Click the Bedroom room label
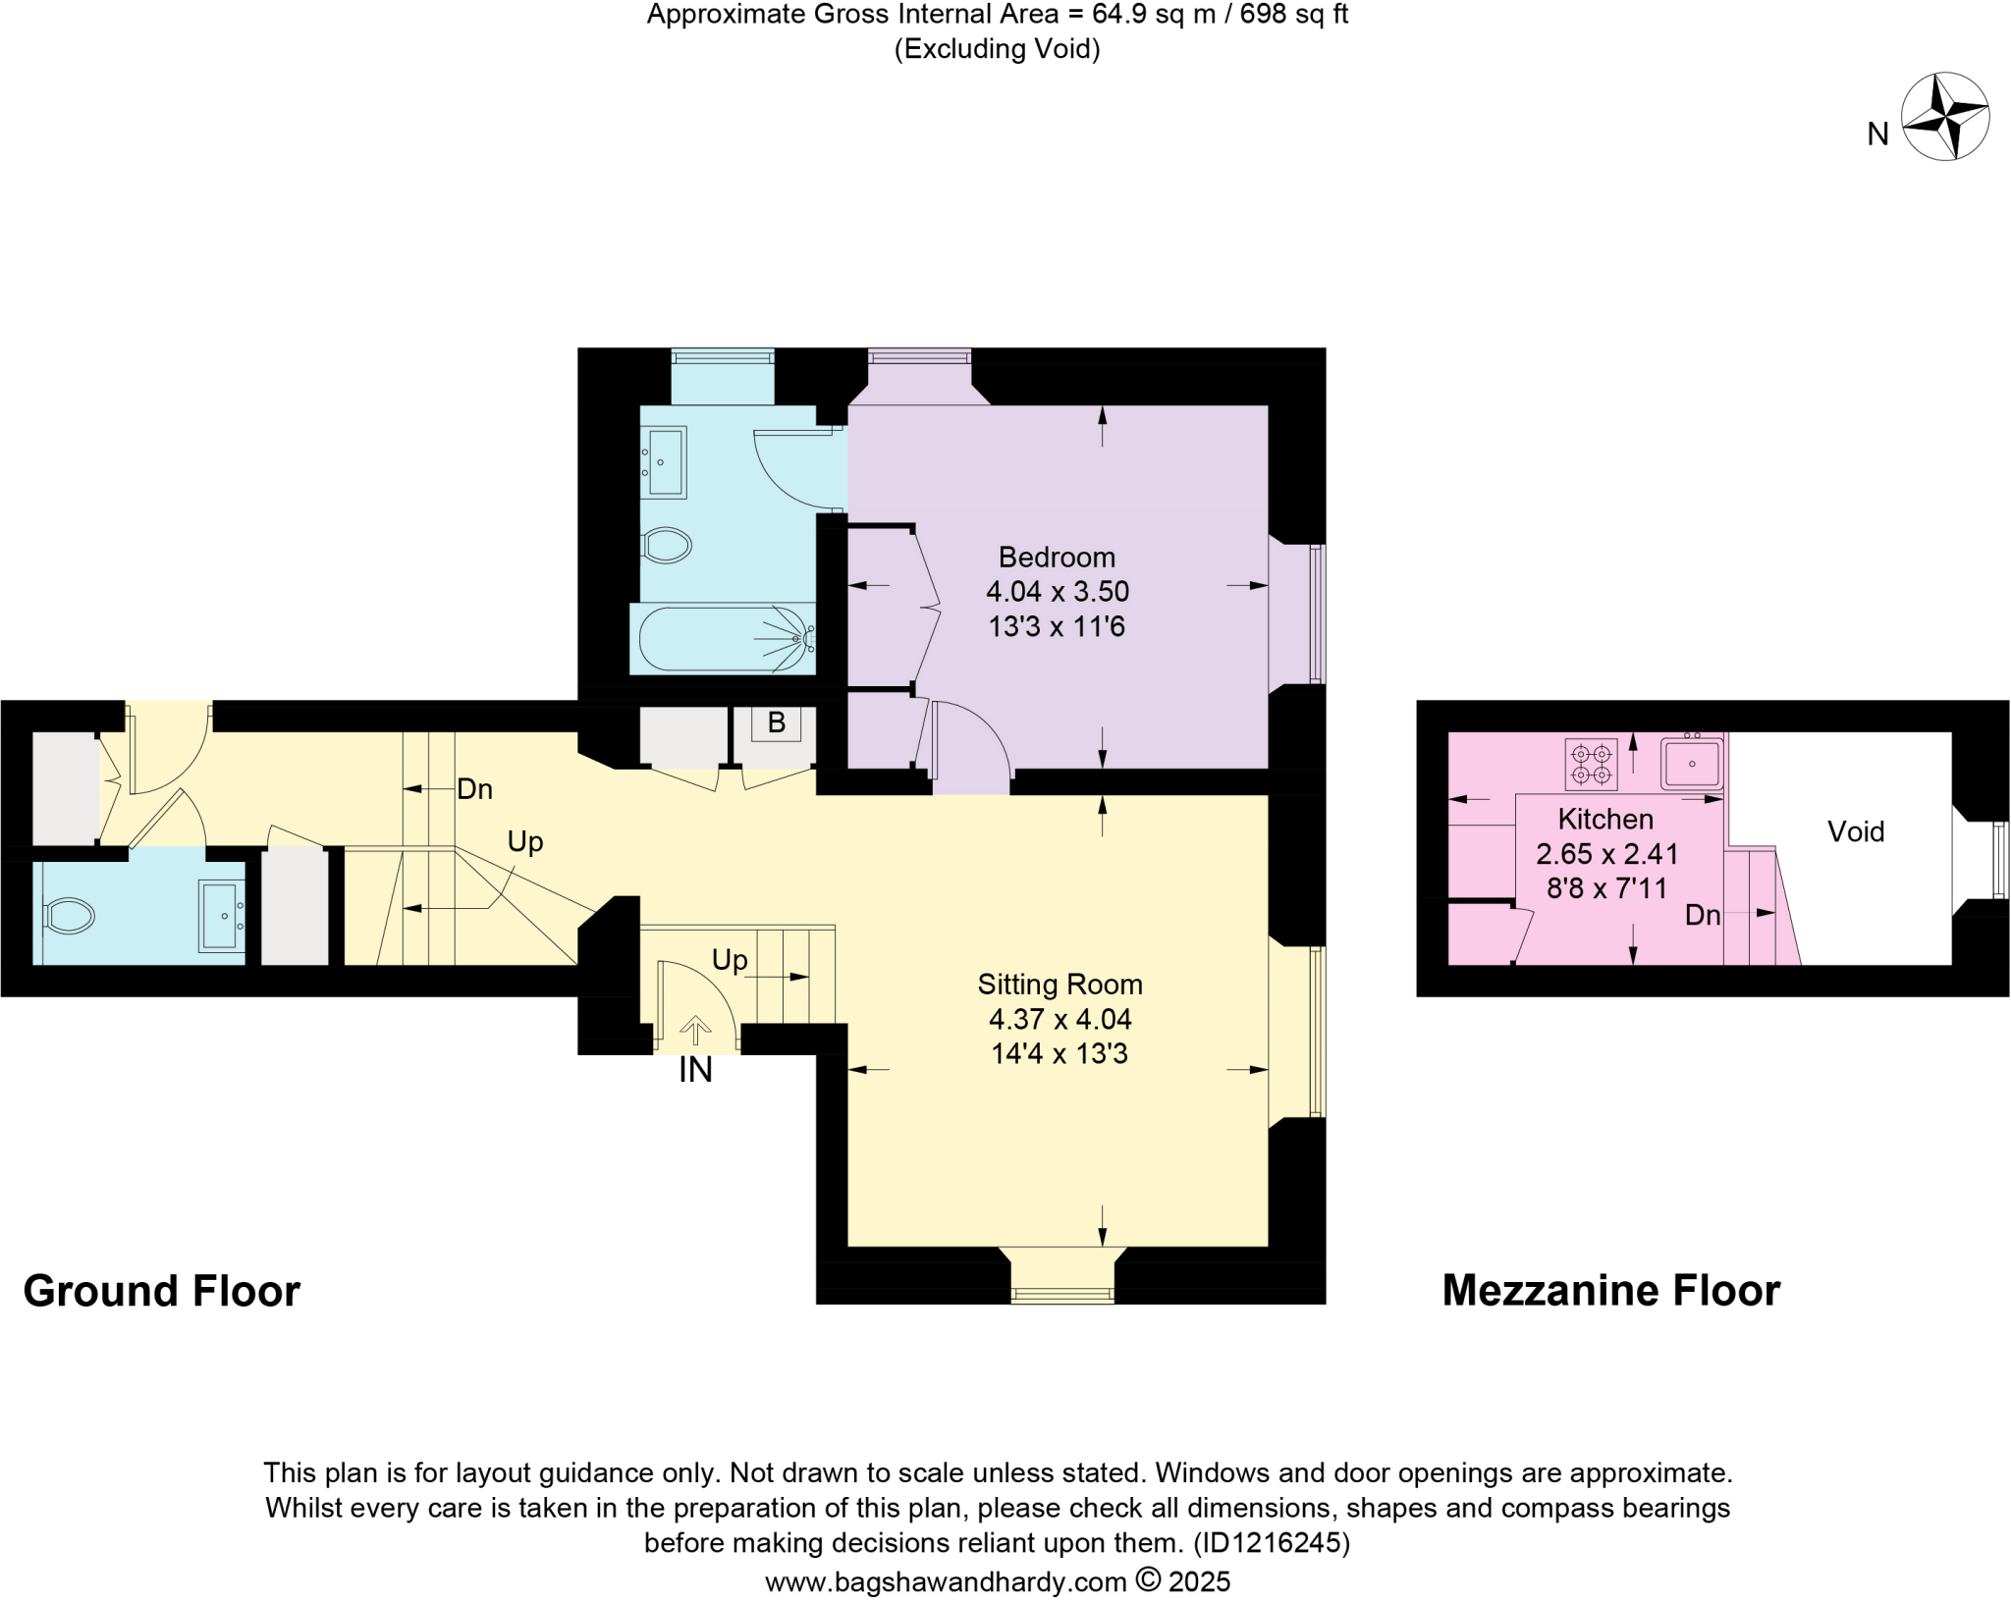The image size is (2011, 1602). [x=1057, y=558]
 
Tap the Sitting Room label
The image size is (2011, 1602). [x=1060, y=985]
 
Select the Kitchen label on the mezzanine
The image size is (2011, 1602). [x=1605, y=819]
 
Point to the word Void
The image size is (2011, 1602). [x=1855, y=832]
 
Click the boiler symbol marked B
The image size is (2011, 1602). [x=776, y=723]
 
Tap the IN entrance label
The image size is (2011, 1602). [x=695, y=1071]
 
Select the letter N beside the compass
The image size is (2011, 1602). [x=1877, y=134]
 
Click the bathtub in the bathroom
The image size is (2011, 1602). [x=724, y=639]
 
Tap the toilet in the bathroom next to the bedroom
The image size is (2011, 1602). [x=667, y=545]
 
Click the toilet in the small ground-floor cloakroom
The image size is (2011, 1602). [x=69, y=916]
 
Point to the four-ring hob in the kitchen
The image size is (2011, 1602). [x=1591, y=765]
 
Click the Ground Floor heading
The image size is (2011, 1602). [x=161, y=1292]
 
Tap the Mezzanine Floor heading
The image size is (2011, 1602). [x=1610, y=1292]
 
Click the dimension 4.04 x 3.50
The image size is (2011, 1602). [x=1057, y=592]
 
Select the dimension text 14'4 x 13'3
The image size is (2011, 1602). [x=1060, y=1054]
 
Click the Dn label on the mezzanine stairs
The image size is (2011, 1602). [x=1702, y=915]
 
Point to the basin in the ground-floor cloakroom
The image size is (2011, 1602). [x=221, y=916]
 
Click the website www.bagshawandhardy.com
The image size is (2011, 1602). [x=945, y=1582]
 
